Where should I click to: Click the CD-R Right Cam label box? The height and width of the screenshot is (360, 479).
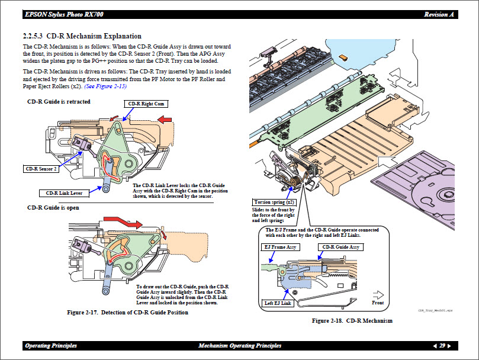pos(145,104)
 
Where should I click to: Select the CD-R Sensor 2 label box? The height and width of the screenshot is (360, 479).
pos(41,169)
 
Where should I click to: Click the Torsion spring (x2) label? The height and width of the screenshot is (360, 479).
pos(273,202)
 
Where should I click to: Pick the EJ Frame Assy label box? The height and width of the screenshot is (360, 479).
pos(281,247)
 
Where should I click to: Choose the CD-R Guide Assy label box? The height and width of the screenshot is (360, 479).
pos(340,247)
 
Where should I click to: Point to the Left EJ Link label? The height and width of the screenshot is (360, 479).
pos(278,303)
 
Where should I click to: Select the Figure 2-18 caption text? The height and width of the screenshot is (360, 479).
pos(352,321)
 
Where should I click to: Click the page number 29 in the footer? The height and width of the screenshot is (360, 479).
pos(442,346)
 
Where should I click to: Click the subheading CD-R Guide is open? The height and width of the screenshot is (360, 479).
pos(53,208)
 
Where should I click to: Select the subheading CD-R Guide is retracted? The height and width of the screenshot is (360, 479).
pos(59,102)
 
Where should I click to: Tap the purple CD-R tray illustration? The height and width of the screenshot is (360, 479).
pos(426,181)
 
